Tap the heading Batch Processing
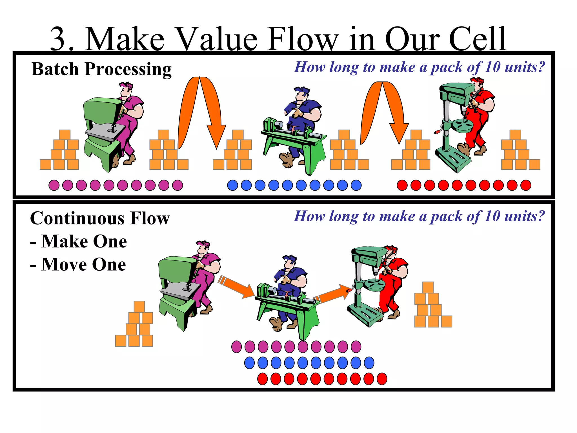(101, 69)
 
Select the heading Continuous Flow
(100, 218)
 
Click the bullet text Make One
(84, 242)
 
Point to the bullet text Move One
(83, 264)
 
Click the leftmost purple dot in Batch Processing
(54, 185)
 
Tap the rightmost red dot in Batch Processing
(526, 185)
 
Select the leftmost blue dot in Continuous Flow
(249, 363)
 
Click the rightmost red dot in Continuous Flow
(382, 379)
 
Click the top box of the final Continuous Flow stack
(428, 287)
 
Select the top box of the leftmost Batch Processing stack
(65, 135)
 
